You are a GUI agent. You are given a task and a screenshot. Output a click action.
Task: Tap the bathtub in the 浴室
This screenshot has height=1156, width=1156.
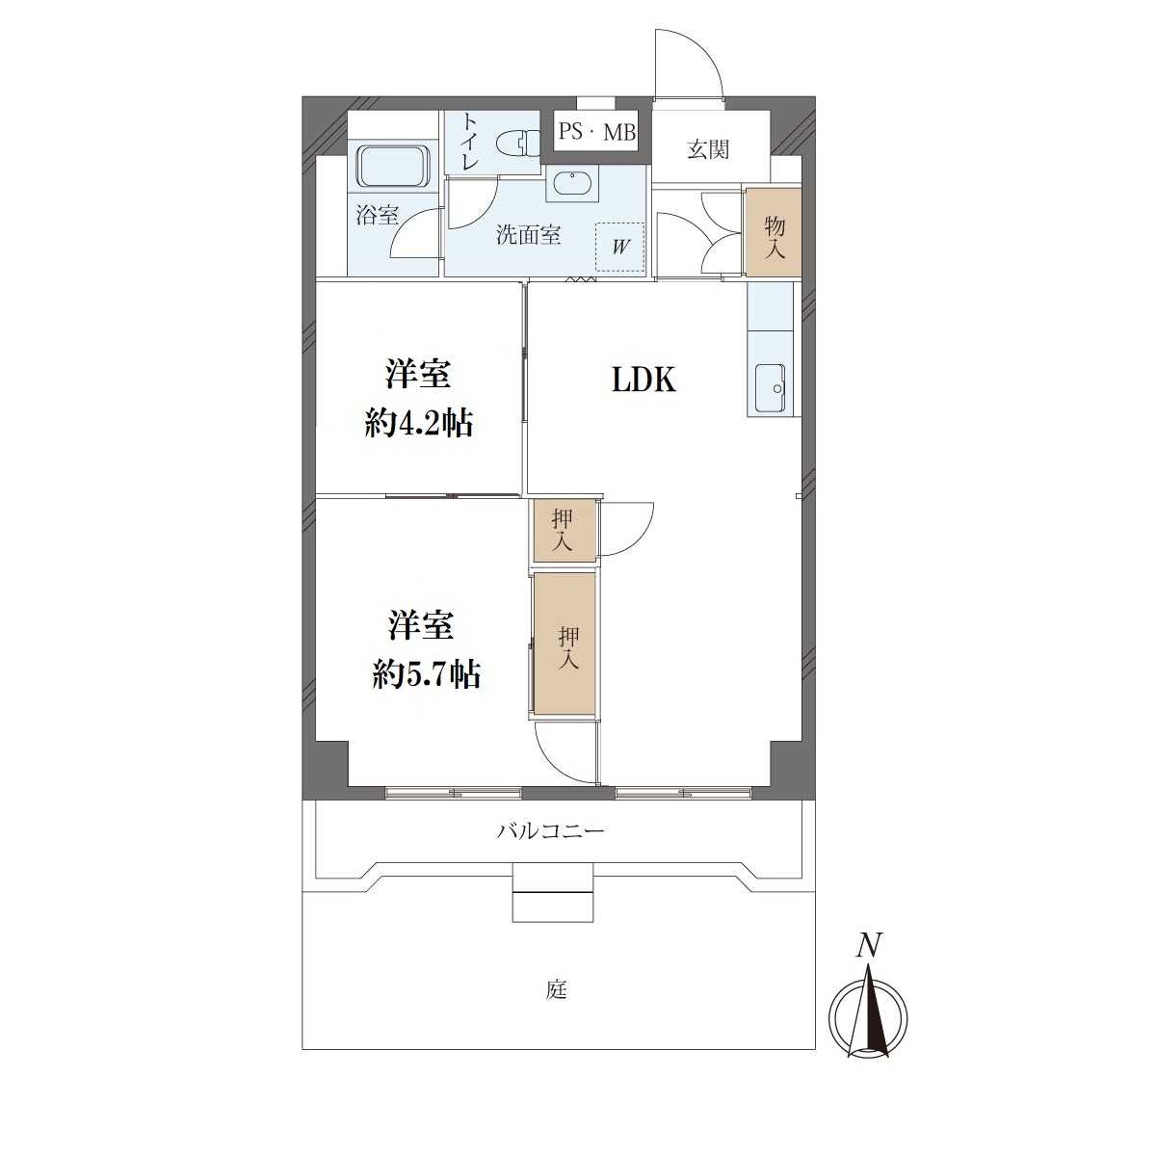[394, 166]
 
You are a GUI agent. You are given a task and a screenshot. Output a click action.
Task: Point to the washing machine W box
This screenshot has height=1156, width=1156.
[619, 248]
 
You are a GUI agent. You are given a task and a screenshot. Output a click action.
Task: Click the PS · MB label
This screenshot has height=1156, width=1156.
[597, 132]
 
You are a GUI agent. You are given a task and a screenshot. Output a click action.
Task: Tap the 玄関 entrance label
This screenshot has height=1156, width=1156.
[708, 148]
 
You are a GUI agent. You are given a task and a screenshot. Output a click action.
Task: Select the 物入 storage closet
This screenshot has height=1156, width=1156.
[774, 232]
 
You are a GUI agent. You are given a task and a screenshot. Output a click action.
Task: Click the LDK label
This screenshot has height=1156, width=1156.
[644, 380]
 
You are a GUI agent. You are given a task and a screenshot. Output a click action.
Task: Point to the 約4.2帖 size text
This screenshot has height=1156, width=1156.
[419, 424]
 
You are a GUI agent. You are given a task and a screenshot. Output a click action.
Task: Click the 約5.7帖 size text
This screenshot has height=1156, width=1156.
[426, 676]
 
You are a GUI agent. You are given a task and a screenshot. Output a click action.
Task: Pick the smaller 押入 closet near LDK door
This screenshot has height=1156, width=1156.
[564, 530]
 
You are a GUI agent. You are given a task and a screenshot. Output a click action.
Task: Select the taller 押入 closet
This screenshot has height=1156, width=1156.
[565, 644]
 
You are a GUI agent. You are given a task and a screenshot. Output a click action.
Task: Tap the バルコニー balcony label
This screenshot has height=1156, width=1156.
[551, 830]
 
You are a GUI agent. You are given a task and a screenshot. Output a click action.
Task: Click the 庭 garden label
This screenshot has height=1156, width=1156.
[556, 990]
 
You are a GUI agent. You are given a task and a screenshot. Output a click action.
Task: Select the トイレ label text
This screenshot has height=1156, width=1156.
[470, 143]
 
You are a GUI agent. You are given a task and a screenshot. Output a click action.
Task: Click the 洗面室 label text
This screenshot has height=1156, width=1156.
[528, 235]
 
